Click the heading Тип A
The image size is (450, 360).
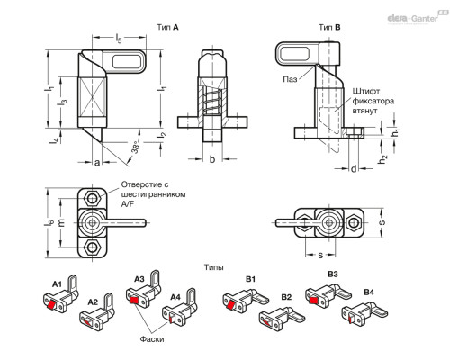167,27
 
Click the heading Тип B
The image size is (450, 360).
329,27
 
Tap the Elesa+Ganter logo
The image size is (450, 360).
418,17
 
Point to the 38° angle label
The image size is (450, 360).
136,147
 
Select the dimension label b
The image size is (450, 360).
212,159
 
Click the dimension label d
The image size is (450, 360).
354,169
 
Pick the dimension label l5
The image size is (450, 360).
119,39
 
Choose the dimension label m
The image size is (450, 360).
61,222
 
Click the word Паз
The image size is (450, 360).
290,79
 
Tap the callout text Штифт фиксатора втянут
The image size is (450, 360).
373,101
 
